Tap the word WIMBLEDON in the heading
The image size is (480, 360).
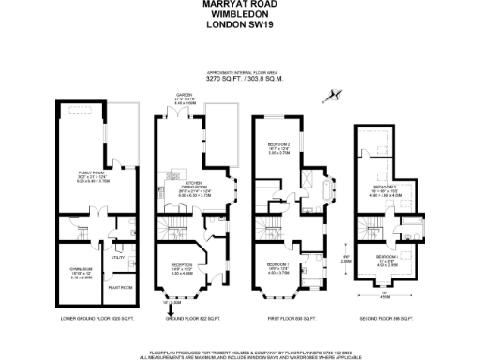[x=239, y=15]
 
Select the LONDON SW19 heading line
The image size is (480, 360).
[x=239, y=25]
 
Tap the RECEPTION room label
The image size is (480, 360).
[x=180, y=265]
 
